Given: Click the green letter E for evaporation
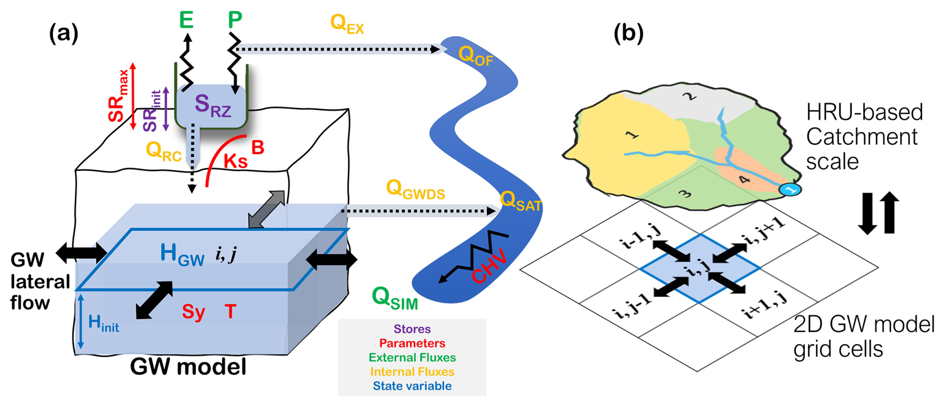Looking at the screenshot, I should coord(187,20).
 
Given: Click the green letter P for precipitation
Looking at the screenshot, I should coord(235,20).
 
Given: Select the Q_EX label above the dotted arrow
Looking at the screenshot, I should coord(347,24).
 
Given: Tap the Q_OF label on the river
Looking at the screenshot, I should coord(475,56).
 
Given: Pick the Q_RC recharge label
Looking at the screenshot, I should coord(163,151).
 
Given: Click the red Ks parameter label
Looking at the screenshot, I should coord(235,161).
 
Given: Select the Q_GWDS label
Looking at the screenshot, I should coord(415,190).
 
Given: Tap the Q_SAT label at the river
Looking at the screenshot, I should coord(520,201).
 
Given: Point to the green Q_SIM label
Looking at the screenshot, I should coord(394,298).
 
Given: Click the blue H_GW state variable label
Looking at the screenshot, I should coord(182,255).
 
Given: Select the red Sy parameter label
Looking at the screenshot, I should coord(194,312).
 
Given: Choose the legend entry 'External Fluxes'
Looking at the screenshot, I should coord(412,358).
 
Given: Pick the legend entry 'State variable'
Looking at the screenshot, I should coord(412,386).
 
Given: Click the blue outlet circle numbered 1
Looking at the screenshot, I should coord(790,190).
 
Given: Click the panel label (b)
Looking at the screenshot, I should coord(628,33).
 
